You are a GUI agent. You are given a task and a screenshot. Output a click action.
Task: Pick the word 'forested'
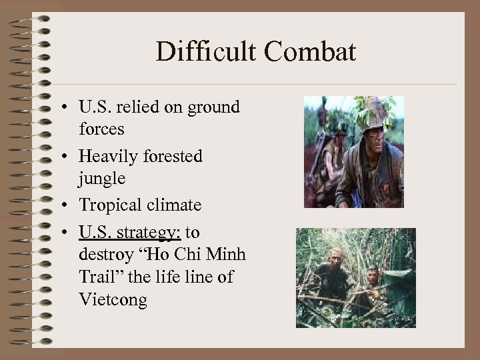click(x=172, y=157)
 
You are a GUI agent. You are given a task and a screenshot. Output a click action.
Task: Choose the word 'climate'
click(x=175, y=207)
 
